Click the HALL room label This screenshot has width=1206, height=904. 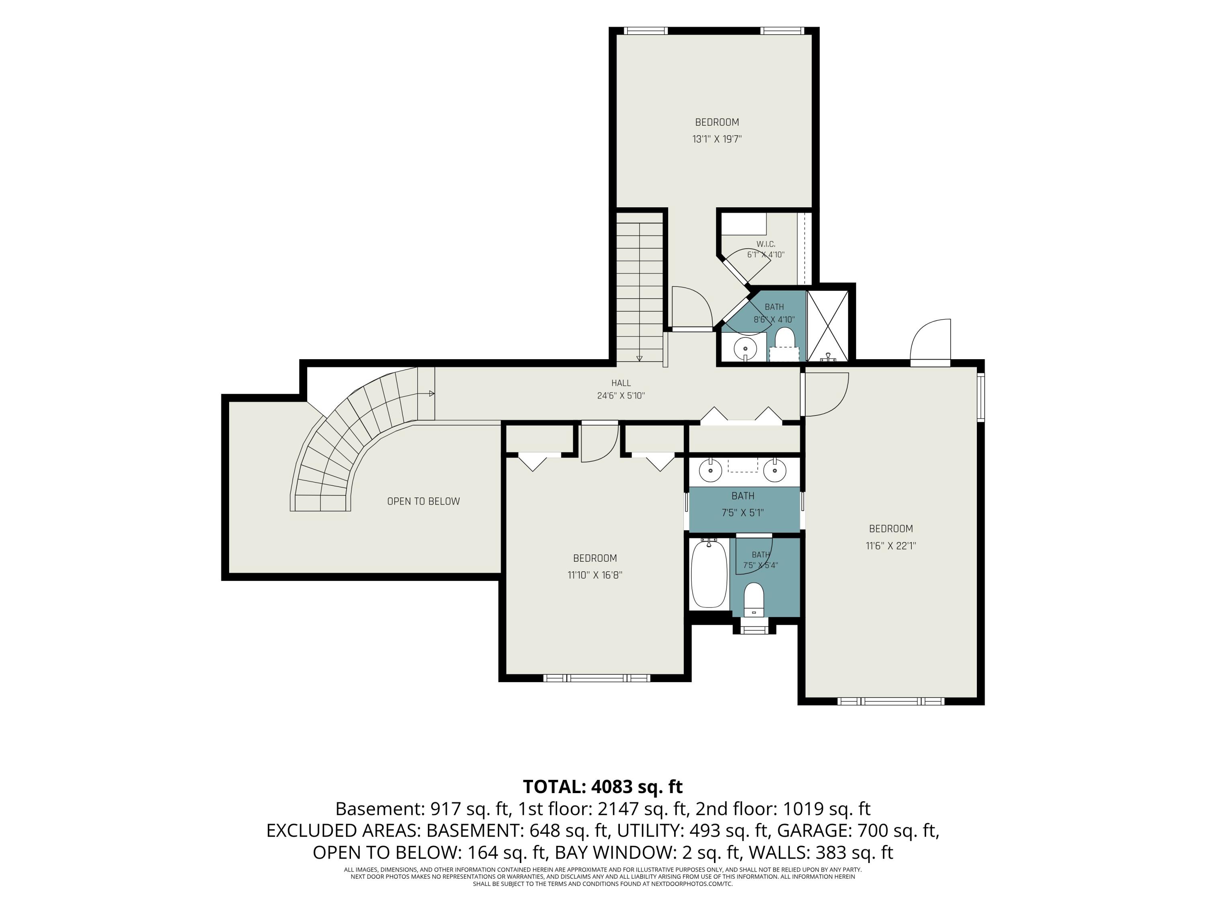[x=621, y=383]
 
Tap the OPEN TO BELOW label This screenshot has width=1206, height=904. [x=424, y=501]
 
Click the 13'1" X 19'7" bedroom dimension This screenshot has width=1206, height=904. [x=717, y=139]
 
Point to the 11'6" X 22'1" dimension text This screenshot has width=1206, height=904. [x=891, y=546]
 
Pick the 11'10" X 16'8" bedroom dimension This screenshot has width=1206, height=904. [x=595, y=575]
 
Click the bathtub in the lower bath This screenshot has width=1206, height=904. [x=709, y=573]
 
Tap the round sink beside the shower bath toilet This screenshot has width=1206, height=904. [x=745, y=347]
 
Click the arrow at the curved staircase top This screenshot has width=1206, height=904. [x=431, y=393]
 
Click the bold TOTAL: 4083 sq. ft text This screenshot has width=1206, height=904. [x=603, y=787]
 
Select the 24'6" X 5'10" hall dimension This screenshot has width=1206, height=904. [x=621, y=396]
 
